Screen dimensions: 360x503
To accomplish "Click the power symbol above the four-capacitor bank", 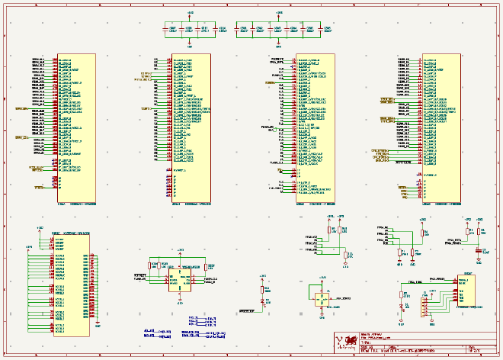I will (191, 15).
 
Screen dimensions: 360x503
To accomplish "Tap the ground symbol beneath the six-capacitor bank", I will (280, 44).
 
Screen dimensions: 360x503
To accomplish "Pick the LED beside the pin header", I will (402, 307).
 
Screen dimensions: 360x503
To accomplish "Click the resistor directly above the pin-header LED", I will (402, 294).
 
